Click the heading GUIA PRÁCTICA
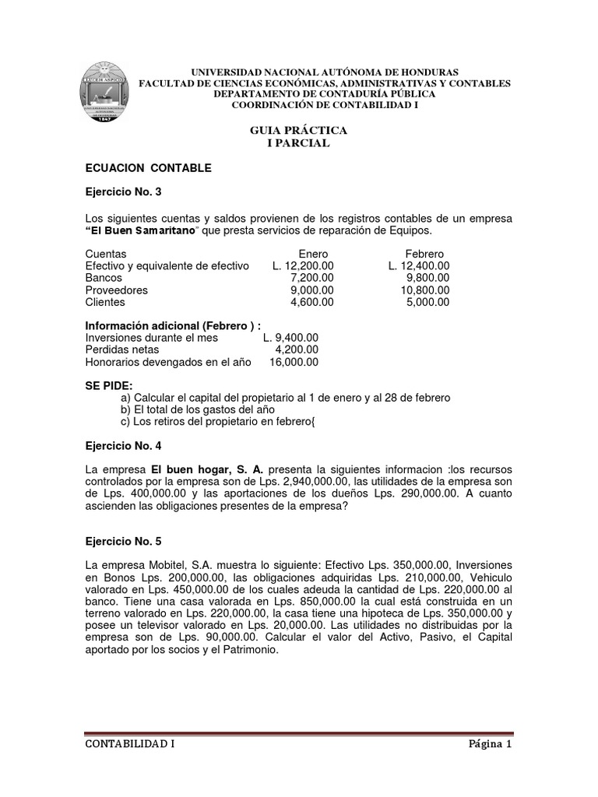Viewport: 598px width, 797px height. coord(298,130)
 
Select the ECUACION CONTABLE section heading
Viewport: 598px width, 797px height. coord(148,167)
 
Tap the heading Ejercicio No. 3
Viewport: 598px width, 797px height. coord(123,191)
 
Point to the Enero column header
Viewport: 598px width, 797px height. coord(313,254)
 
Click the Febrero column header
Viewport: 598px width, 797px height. coord(424,254)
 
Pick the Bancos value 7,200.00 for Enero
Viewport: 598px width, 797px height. coord(311,278)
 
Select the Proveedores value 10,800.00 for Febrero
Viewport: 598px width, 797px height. coord(423,290)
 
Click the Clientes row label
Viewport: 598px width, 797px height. coord(105,302)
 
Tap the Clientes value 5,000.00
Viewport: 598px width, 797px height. coord(427,302)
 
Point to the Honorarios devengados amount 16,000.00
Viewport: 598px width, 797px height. coord(293,362)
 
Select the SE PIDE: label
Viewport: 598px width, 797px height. coord(109,385)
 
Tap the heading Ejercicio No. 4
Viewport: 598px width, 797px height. coord(123,445)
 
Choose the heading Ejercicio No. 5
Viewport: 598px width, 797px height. coord(123,541)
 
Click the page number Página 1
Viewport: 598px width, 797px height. coord(488,743)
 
